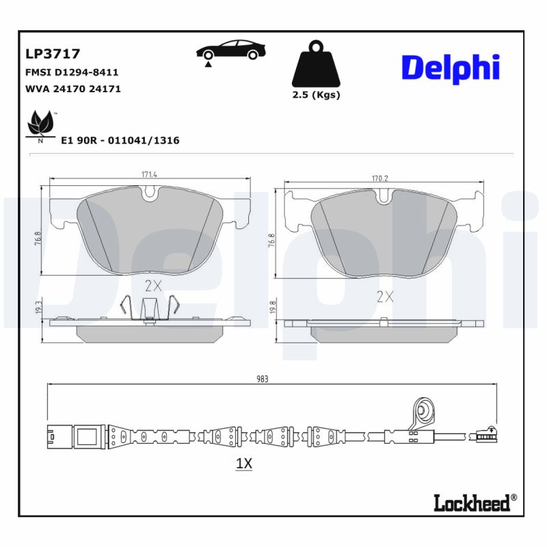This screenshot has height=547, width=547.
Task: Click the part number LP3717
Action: (53, 53)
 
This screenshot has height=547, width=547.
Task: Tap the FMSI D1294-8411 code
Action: (72, 72)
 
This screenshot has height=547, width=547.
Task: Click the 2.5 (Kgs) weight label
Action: (316, 95)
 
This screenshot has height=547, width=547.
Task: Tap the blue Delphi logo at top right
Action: (450, 68)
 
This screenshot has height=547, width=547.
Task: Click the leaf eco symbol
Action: (40, 125)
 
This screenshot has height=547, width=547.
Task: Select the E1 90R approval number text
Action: (120, 140)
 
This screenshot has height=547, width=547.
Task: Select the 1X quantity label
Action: (244, 464)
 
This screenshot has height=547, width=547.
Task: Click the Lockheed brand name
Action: (472, 503)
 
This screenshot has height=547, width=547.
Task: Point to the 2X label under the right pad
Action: (386, 296)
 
